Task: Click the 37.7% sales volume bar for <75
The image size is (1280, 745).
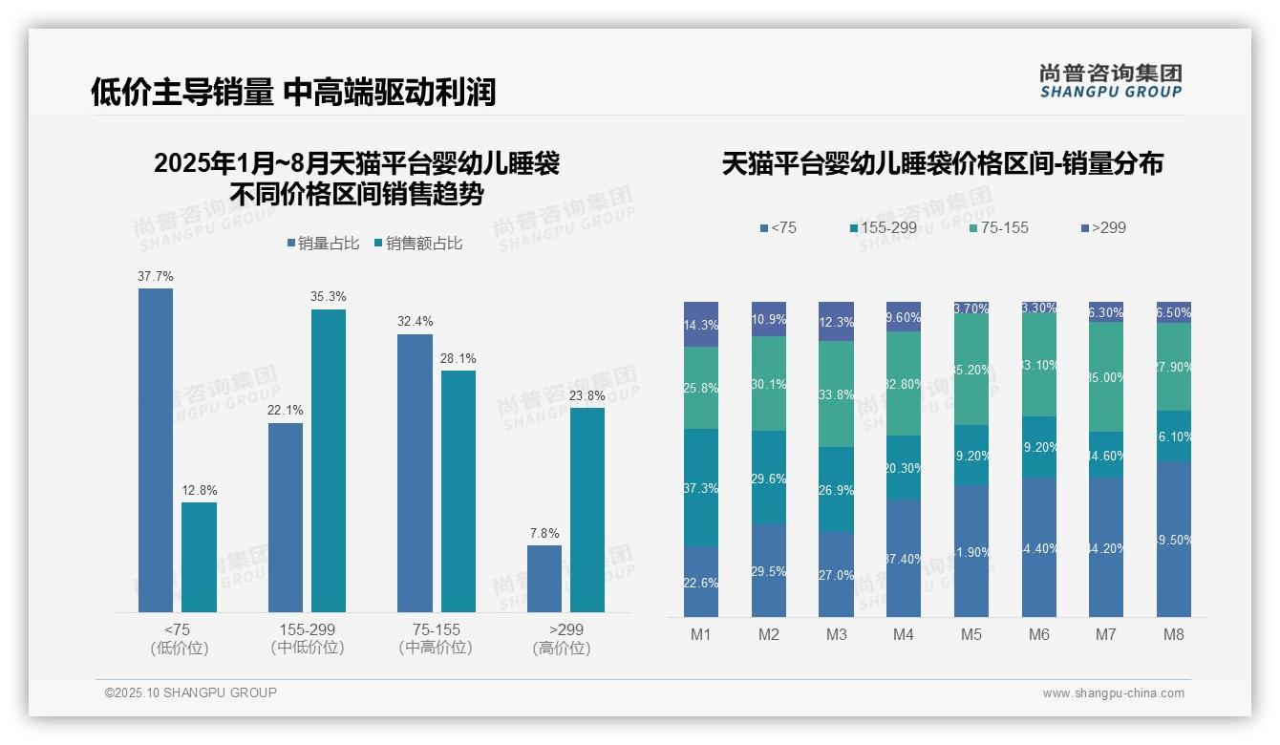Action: (156, 449)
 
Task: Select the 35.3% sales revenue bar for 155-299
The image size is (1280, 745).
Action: (329, 460)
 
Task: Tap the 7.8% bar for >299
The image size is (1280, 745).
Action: (544, 579)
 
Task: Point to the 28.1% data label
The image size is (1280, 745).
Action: (459, 359)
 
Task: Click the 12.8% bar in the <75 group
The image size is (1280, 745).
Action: (199, 557)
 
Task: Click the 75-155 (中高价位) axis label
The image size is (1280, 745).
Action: (436, 638)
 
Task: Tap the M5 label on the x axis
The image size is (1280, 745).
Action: (971, 634)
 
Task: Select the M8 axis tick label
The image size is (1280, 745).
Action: (1174, 634)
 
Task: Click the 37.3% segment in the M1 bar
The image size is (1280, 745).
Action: (701, 487)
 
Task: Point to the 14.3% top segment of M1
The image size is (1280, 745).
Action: (701, 324)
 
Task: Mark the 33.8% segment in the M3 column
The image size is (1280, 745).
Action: (837, 394)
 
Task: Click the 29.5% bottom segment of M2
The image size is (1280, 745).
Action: (769, 570)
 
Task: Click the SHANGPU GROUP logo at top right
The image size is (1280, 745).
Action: (1110, 80)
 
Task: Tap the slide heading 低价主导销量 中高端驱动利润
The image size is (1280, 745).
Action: (293, 92)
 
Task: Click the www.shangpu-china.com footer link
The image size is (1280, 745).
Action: (1113, 693)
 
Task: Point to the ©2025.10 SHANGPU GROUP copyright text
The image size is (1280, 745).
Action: (191, 692)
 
